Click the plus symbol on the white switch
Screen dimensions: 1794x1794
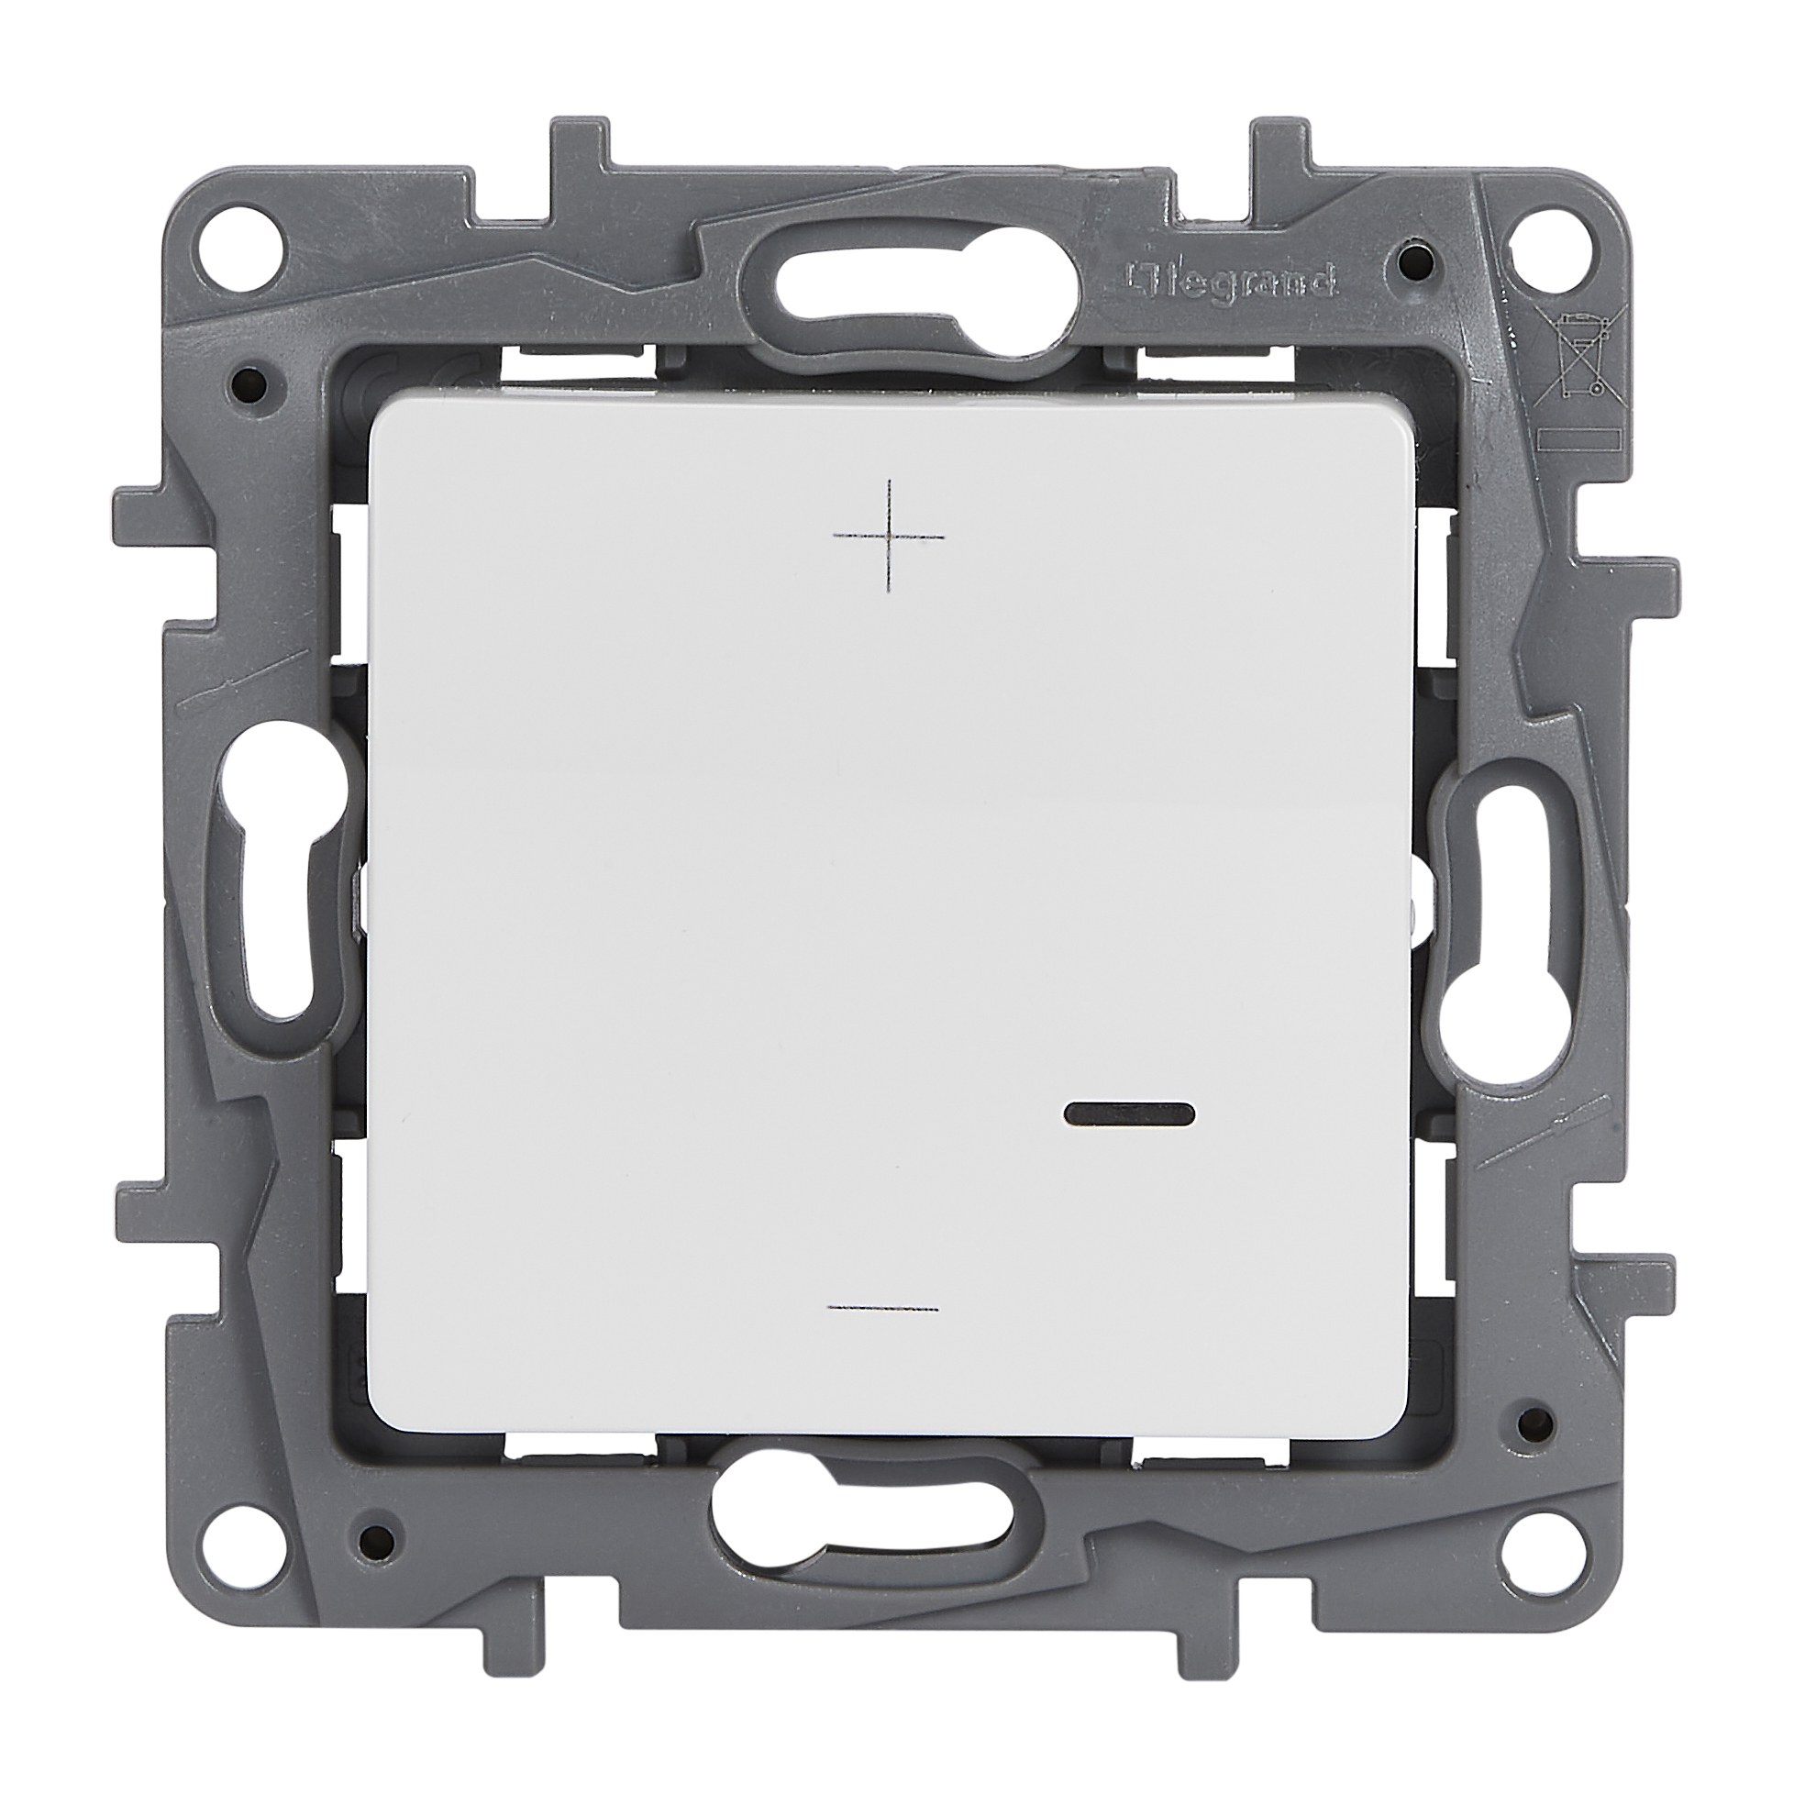[890, 537]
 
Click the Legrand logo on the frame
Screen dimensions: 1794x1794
[1231, 276]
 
